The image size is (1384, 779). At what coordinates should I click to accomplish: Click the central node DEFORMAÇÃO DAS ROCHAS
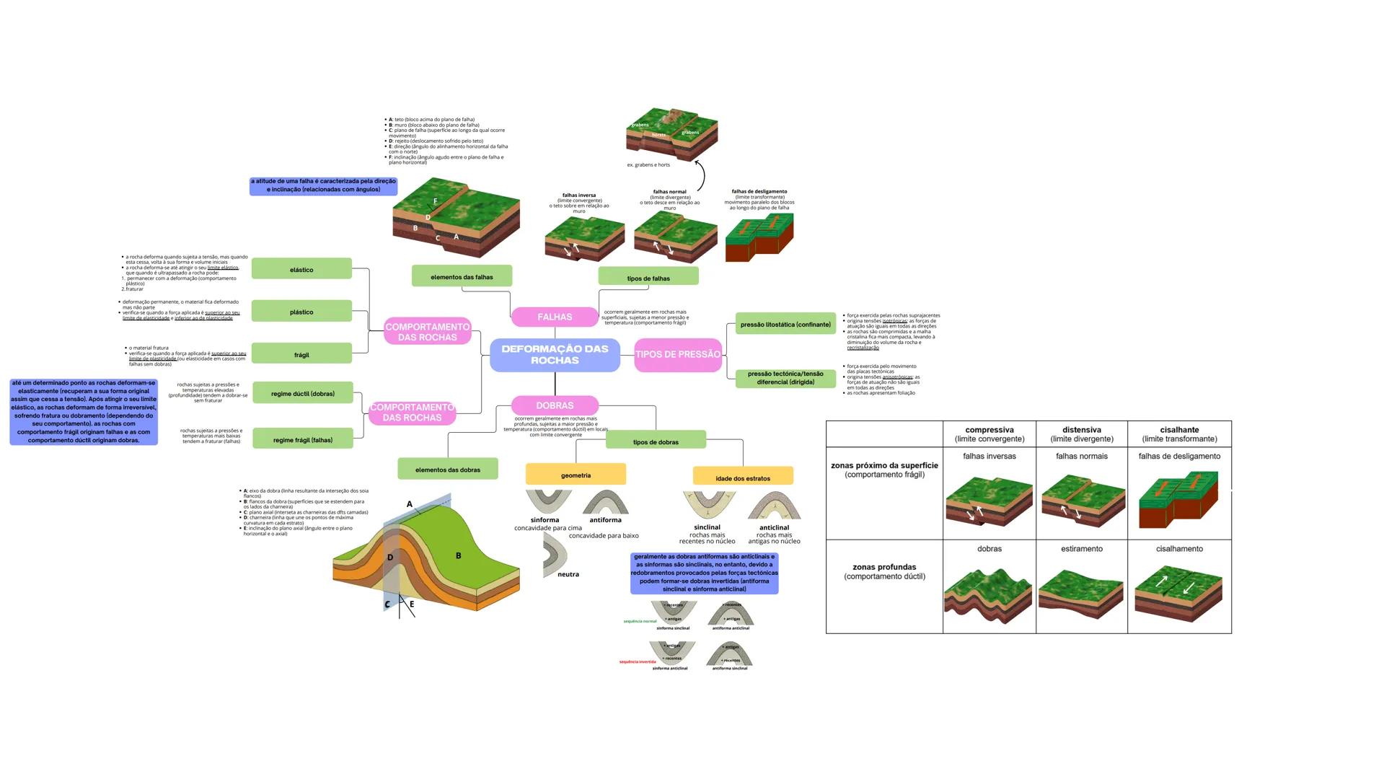(555, 354)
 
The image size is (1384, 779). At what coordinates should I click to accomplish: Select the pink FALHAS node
(555, 317)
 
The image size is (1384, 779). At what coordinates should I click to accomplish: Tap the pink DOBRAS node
(555, 405)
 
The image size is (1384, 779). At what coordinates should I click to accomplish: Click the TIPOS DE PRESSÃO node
(678, 354)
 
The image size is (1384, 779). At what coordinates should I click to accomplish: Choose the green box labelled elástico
(301, 269)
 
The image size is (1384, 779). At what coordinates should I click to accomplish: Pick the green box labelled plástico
(301, 312)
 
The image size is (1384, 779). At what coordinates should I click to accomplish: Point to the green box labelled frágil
(301, 354)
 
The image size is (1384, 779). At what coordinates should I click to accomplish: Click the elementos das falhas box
(462, 276)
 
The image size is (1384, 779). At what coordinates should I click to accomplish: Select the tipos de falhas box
(648, 277)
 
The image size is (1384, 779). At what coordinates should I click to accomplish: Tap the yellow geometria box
(576, 475)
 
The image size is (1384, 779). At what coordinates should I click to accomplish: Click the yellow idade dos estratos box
(743, 477)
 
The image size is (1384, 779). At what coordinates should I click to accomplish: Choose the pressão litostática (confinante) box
(785, 324)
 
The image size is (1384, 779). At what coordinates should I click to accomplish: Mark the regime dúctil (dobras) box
(302, 393)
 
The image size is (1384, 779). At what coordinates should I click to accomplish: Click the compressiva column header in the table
(989, 433)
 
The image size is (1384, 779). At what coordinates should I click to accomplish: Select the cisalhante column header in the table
(1179, 433)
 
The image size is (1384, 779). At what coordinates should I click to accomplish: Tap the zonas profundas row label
(884, 571)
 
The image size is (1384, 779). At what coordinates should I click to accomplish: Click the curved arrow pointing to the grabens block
(701, 175)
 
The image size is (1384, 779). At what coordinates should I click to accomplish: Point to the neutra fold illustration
(556, 555)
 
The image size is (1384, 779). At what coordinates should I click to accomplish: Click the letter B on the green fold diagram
(458, 555)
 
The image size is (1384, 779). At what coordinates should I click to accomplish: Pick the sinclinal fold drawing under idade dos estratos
(709, 505)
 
